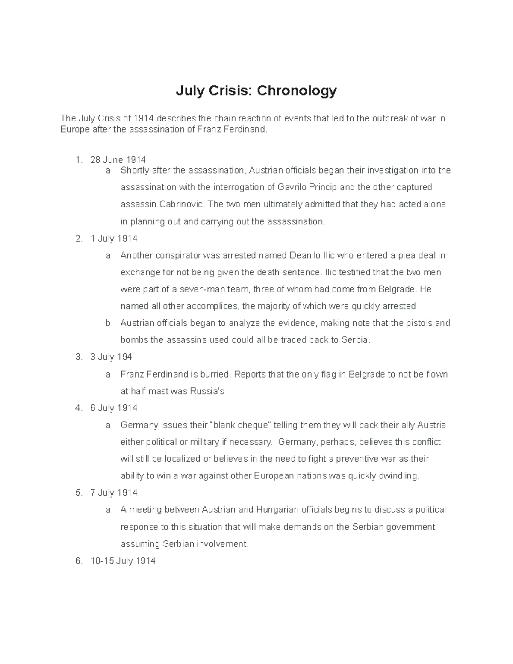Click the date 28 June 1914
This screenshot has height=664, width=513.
click(118, 160)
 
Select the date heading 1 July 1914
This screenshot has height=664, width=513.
click(114, 239)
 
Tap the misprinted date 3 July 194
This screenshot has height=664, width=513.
click(111, 357)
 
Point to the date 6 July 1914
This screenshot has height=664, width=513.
click(114, 408)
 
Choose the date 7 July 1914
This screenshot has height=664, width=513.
click(114, 493)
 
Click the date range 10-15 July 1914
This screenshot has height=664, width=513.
click(123, 561)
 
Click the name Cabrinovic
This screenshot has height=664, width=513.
click(182, 204)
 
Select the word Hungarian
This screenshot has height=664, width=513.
click(277, 510)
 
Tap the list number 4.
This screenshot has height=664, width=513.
click(78, 408)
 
